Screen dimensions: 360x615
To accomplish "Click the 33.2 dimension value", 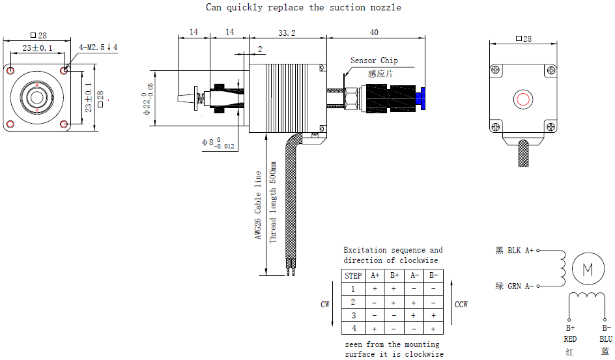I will pos(287,32).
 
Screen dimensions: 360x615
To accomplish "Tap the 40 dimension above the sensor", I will pos(374,32).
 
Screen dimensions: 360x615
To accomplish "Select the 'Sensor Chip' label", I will pos(374,61).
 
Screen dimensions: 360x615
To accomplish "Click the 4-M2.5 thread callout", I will pos(98,48).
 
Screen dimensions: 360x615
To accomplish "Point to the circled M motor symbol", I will pos(588,270).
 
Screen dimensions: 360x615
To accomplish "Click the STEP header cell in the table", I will pos(353,275).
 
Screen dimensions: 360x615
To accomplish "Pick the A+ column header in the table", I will pos(375,275).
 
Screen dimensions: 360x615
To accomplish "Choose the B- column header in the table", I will pos(433,275).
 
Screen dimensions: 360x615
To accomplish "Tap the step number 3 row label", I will pos(353,315).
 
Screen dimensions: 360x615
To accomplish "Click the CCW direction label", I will pos(461,305).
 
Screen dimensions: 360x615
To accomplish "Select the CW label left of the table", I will pos(325,305).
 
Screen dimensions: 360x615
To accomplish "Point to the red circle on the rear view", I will pos(524,99).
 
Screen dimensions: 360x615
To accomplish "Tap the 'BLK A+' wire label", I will pos(520,250).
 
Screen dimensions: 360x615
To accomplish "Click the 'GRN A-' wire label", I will pos(520,286).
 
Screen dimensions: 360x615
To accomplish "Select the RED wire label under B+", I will pos(570,339).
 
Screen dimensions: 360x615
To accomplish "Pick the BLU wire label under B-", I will pos(606,339).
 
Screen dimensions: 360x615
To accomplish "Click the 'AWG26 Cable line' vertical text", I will pos(258,206).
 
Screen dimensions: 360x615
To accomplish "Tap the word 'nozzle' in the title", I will pos(384,8).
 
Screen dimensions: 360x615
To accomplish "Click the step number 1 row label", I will pos(353,288).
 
